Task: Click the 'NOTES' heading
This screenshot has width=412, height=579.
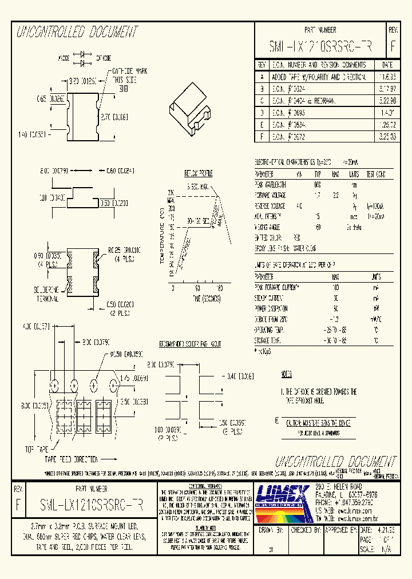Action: point(287,374)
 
